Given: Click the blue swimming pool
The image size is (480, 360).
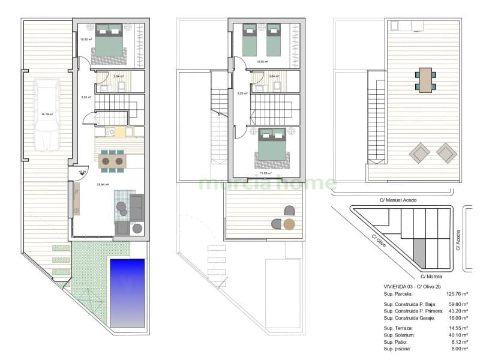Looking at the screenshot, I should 127,292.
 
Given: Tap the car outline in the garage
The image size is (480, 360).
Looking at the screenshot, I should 47,115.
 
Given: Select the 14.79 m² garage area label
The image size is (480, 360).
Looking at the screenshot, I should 47,114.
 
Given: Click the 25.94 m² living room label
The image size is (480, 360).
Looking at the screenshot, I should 103,185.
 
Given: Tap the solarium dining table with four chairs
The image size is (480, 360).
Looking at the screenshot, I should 425,79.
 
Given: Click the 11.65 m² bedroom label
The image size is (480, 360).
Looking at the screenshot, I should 266,173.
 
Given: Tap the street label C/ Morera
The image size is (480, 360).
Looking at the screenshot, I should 431,277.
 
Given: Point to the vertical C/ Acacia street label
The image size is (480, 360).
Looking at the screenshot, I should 458,241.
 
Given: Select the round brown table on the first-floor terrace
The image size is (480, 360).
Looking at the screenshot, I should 290,225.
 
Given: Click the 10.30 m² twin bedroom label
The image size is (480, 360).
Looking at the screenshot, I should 262,62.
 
